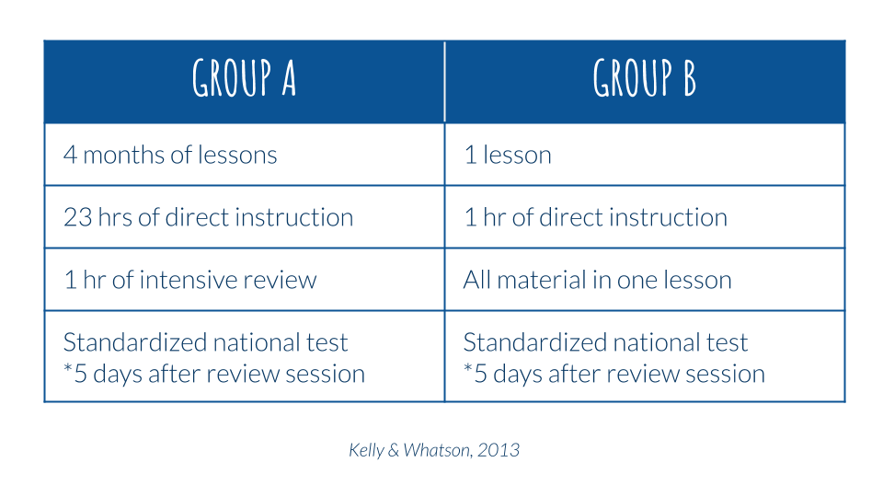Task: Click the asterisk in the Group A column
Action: tap(68, 368)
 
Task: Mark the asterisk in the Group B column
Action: tap(468, 368)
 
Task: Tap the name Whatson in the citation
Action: tap(437, 450)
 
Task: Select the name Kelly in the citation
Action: tap(366, 451)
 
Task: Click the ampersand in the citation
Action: tap(394, 450)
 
